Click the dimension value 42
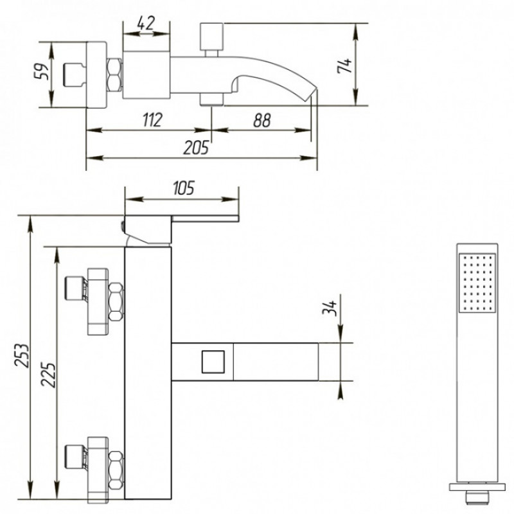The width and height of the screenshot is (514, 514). [x=146, y=23]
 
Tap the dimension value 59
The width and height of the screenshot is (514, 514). [x=42, y=71]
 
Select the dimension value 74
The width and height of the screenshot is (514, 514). [x=344, y=66]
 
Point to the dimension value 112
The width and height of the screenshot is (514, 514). [x=153, y=120]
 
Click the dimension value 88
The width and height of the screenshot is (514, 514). [x=262, y=120]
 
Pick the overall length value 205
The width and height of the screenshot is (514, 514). [x=196, y=148]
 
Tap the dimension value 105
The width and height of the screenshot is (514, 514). [x=184, y=188]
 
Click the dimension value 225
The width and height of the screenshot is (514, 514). [x=48, y=375]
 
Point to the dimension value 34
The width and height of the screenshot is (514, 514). [x=330, y=308]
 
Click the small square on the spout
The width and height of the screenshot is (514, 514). [x=213, y=362]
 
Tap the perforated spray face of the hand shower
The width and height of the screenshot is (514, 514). [x=477, y=283]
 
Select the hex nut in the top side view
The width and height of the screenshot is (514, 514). [x=114, y=75]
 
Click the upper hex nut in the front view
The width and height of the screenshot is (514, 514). [x=116, y=302]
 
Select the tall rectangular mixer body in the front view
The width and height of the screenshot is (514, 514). [x=148, y=373]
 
